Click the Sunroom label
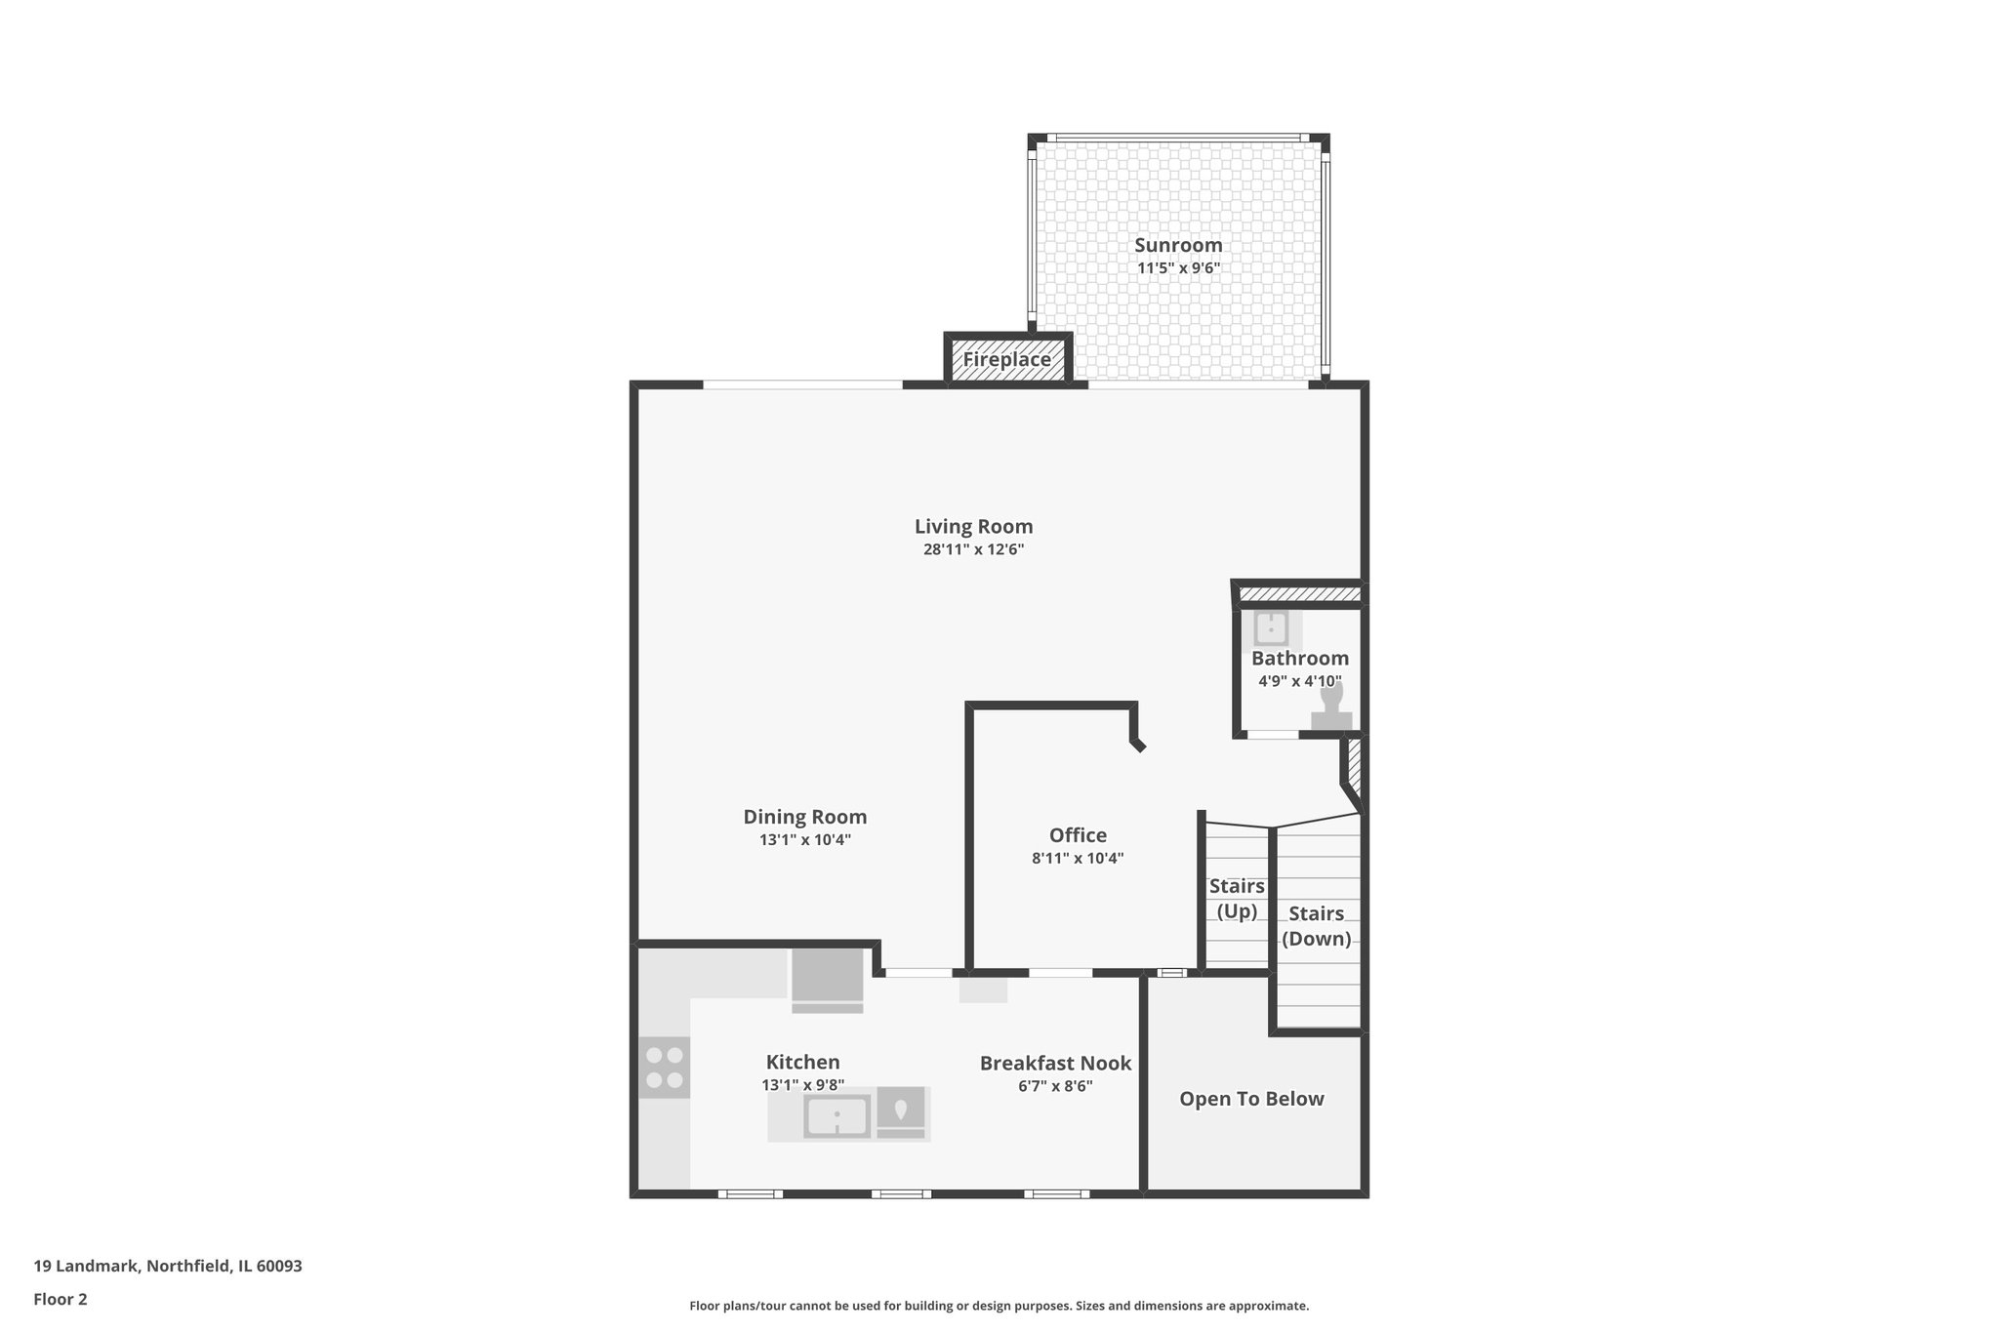pos(1177,245)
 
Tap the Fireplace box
pos(1007,359)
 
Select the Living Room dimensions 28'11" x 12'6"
pos(973,549)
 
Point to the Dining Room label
pos(804,817)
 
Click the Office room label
pos(1078,835)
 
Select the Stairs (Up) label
pos(1237,898)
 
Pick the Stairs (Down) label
pos(1316,926)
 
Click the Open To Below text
pos(1251,1099)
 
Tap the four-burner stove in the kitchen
pos(664,1067)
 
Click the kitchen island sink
pos(836,1115)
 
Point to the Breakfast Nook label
pos(1055,1063)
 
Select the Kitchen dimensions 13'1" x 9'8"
pos(802,1084)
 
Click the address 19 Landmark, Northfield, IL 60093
pos(168,1266)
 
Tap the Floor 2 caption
pos(61,1299)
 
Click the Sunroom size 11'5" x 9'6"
pos(1177,268)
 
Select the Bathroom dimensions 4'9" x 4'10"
pos(1299,681)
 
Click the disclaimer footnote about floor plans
pos(999,1306)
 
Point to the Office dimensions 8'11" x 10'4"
pos(1078,859)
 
